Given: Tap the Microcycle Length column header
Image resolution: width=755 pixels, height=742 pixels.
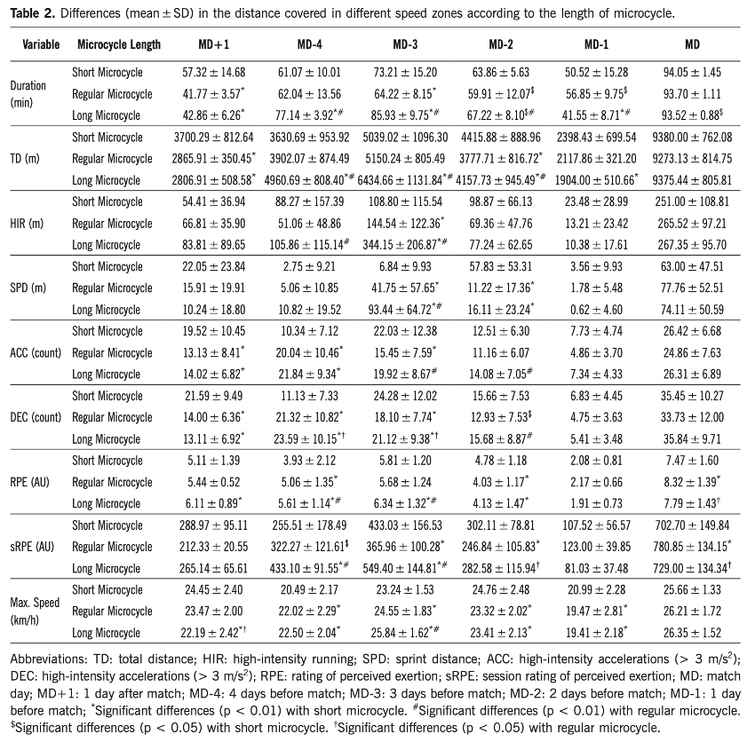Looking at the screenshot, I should pos(119,43).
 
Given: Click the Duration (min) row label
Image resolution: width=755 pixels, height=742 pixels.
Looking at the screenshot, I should pos(28,93).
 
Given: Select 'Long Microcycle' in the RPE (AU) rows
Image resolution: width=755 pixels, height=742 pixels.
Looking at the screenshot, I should pos(108,501).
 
